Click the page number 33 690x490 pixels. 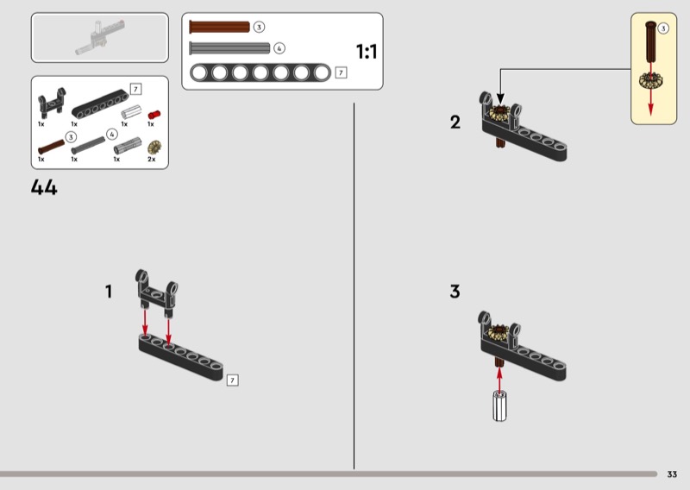point(672,474)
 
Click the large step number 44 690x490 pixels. point(44,187)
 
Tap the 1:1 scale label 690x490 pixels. point(367,52)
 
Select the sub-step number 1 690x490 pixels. point(109,292)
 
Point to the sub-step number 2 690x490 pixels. point(455,122)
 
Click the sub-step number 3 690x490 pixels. point(455,292)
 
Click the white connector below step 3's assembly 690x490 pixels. point(499,406)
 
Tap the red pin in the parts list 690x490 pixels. point(154,115)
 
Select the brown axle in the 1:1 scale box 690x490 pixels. point(219,27)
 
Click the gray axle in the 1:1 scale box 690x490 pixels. point(229,48)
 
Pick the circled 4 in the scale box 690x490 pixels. point(279,48)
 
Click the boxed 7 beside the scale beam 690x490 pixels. point(341,72)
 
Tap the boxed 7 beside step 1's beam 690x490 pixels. point(232,380)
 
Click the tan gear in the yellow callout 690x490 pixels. point(651,80)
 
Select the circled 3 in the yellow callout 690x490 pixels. point(663,28)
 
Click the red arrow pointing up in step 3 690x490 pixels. point(499,379)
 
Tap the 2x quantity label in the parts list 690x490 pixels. point(152,160)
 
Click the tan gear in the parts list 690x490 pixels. point(154,148)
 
